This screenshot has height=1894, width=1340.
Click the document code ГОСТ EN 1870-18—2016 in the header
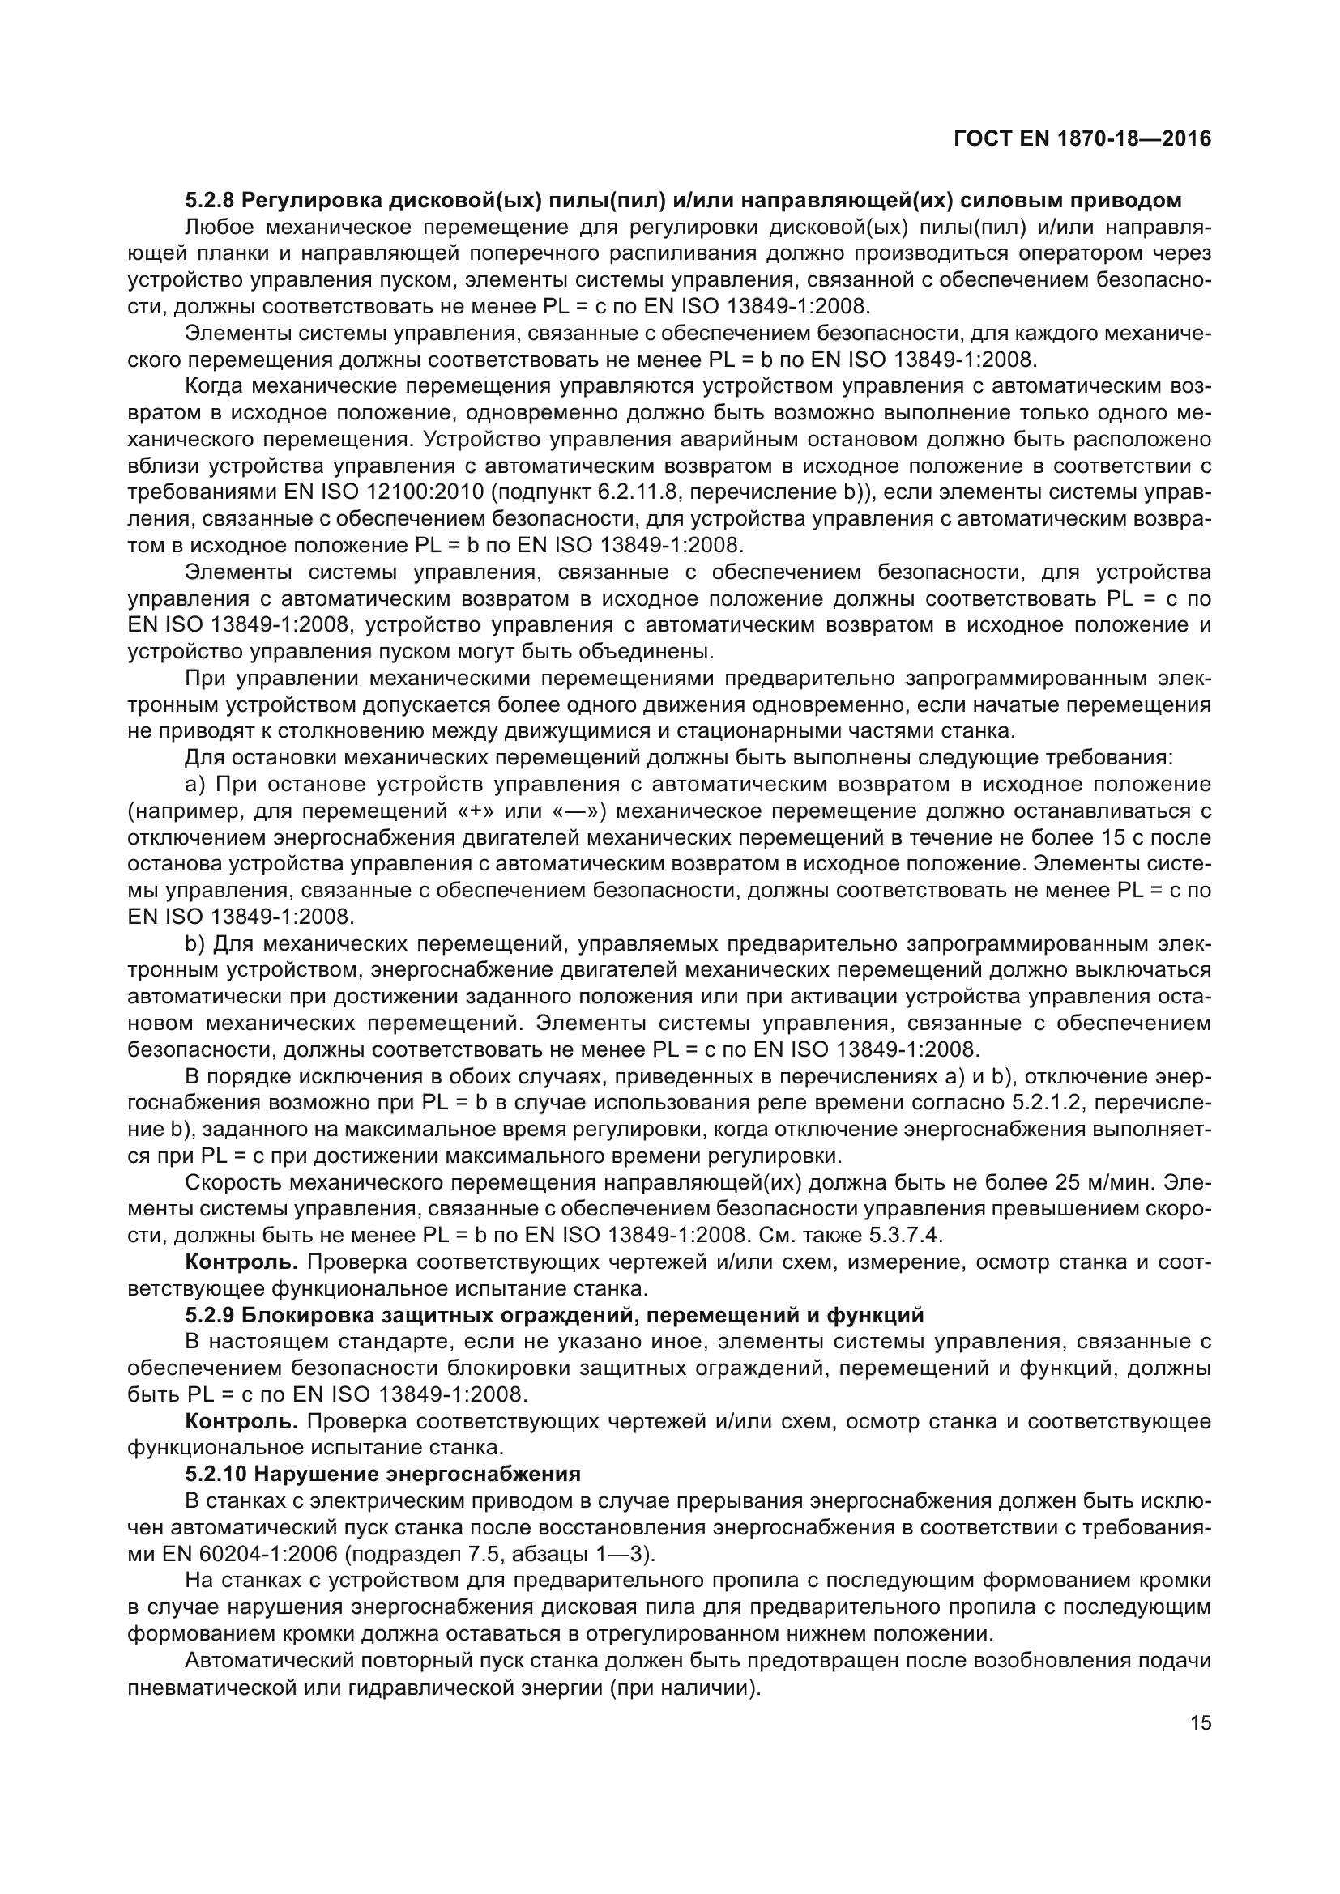click(1082, 138)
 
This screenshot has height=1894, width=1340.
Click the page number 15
click(1201, 1722)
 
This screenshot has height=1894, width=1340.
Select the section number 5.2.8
click(211, 201)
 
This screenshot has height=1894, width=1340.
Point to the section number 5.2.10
click(216, 1473)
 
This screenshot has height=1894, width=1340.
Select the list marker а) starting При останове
click(194, 784)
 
